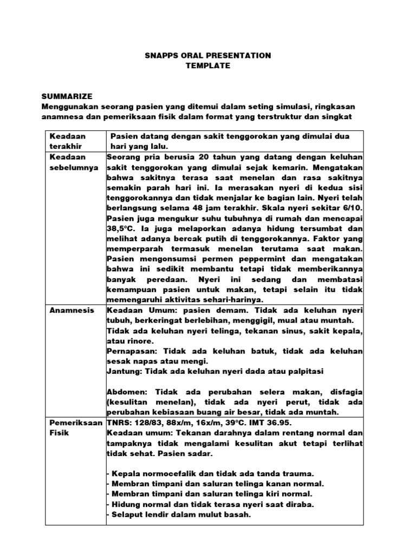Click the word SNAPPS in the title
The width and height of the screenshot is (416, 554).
161,55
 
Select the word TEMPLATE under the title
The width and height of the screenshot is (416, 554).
208,65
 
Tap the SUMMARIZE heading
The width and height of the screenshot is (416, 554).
69,96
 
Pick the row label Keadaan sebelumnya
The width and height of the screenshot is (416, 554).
74,162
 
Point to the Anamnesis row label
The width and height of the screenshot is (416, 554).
71,310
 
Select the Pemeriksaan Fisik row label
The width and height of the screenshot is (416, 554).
75,427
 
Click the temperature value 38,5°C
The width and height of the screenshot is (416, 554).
122,228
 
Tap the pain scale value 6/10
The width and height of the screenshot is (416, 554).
349,208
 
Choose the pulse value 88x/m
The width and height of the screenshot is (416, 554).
176,423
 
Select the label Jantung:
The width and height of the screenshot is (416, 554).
123,371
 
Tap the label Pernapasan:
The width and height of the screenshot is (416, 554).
131,351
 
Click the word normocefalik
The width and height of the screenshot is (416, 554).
165,473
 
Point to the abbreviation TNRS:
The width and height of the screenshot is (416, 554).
119,423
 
